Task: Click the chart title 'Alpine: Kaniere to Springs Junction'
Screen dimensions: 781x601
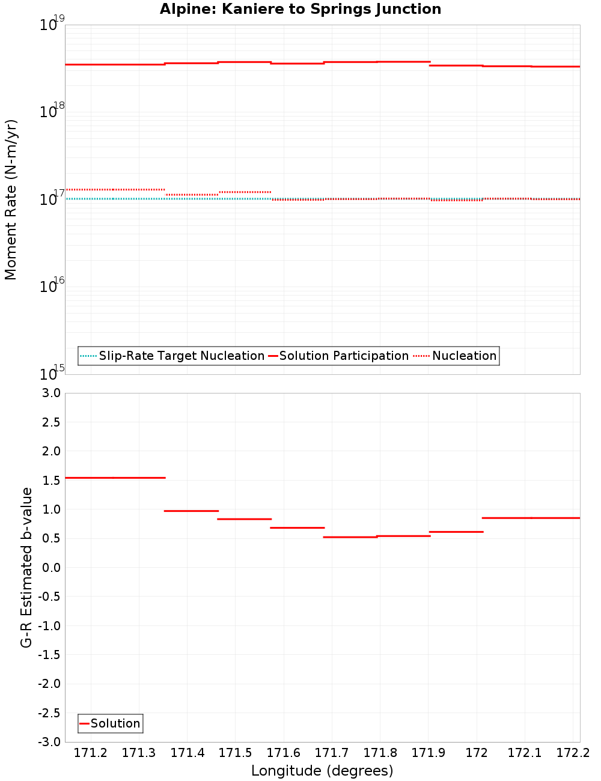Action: point(300,9)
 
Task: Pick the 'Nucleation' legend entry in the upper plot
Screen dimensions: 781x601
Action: point(456,356)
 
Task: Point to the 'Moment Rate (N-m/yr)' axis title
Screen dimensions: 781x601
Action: point(11,199)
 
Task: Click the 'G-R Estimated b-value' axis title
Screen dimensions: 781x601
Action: point(26,567)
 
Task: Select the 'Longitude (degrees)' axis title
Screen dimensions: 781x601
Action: point(322,771)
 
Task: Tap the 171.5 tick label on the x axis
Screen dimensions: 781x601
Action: point(235,753)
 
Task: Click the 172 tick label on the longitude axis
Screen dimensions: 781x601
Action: point(477,753)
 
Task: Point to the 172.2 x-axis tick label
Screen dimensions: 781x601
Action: point(573,753)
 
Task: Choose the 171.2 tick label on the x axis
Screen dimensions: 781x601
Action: point(90,753)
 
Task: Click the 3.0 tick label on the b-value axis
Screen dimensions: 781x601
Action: point(50,393)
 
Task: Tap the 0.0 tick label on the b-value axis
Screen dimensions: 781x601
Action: point(50,567)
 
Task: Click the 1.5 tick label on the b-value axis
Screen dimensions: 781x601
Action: point(50,480)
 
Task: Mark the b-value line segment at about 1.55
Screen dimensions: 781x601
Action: point(115,478)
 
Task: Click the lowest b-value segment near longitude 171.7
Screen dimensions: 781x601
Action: point(350,536)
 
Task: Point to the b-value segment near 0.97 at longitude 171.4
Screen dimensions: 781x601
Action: point(191,511)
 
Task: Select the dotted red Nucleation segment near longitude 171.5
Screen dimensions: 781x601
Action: point(245,192)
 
